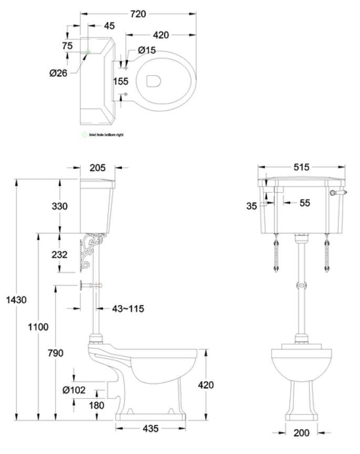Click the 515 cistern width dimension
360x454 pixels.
tap(301, 168)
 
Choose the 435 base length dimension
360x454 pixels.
tap(150, 428)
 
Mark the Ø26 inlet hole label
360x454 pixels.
tap(58, 73)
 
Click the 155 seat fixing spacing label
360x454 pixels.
tap(121, 82)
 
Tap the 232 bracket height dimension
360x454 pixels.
tap(59, 254)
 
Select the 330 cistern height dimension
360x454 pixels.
tap(59, 206)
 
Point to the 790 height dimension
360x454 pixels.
tap(55, 352)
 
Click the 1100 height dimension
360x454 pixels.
tap(38, 327)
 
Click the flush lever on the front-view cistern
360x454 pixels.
tap(334, 194)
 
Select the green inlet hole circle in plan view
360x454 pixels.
tap(88, 52)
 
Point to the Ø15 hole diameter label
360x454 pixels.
tap(147, 50)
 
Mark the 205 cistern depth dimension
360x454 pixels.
tap(97, 168)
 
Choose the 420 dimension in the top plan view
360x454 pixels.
tap(161, 35)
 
